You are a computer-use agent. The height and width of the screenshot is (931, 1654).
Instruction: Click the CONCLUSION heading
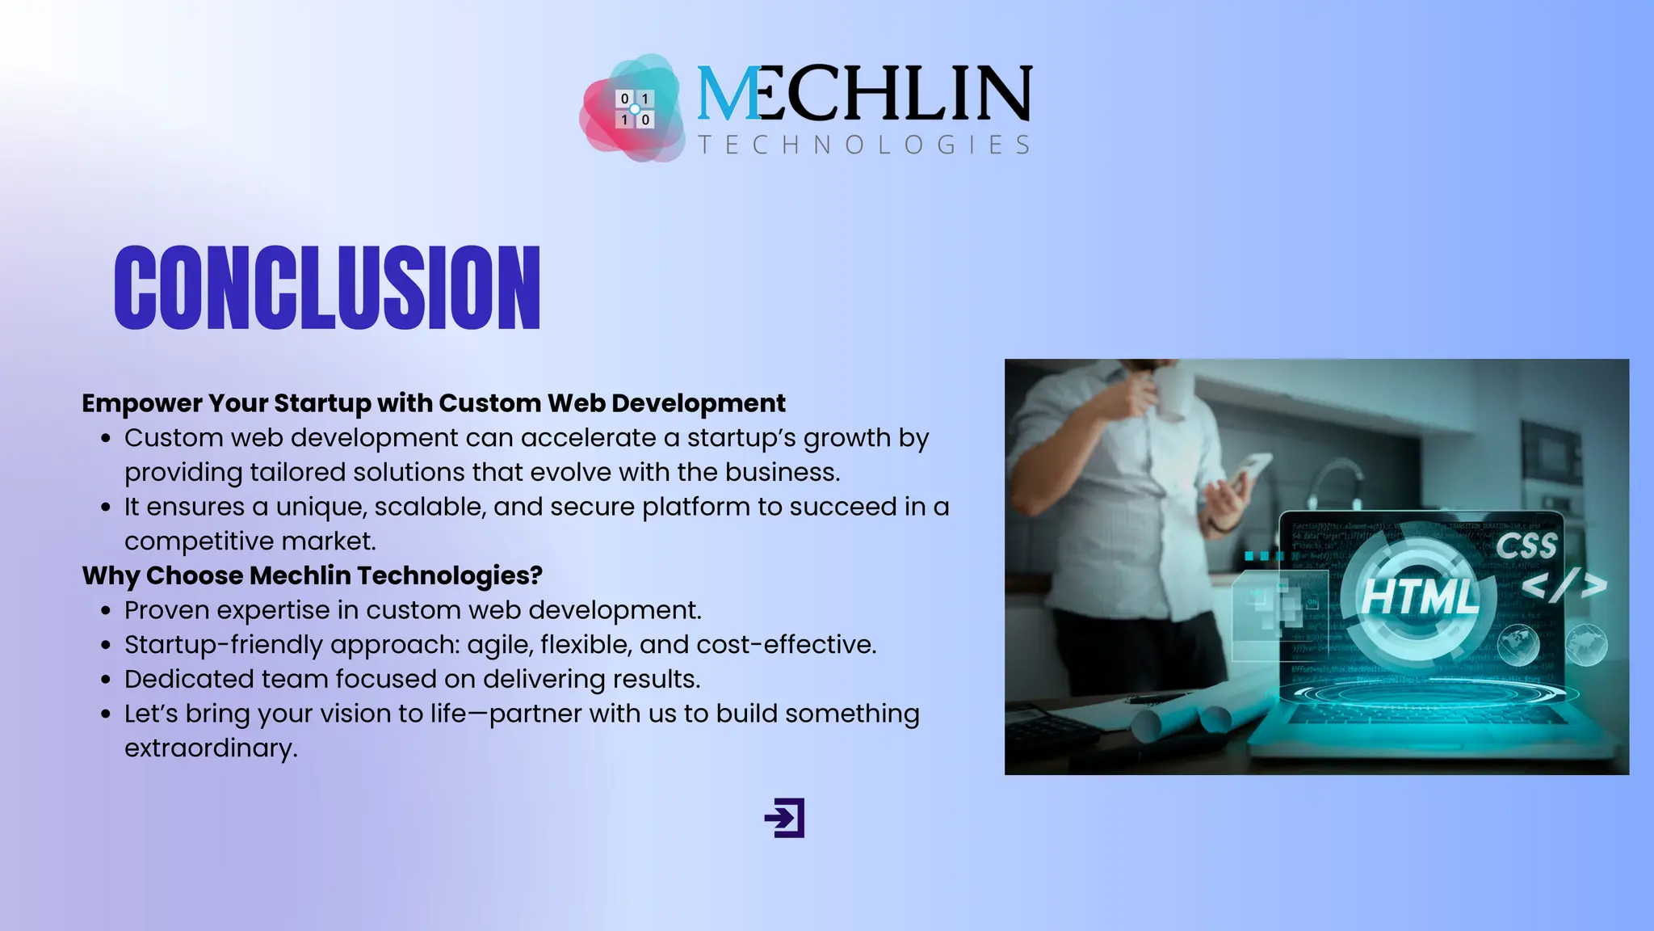click(327, 288)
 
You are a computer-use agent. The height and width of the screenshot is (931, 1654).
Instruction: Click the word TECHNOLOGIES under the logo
click(863, 145)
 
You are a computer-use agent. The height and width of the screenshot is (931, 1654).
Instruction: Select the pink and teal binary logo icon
click(634, 108)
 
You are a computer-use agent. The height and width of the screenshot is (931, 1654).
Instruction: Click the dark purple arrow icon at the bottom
click(785, 818)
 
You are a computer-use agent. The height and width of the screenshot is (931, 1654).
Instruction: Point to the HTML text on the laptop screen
click(1419, 596)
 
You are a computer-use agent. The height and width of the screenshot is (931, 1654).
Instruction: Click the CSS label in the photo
click(1526, 546)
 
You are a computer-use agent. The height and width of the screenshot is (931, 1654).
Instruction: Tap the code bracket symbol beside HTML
click(1564, 584)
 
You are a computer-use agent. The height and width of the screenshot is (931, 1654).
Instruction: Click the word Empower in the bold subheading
click(142, 402)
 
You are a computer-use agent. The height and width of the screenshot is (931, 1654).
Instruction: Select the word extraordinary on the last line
click(210, 748)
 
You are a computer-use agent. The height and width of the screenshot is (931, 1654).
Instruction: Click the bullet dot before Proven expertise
click(106, 612)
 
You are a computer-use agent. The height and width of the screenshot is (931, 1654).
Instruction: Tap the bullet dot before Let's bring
click(106, 715)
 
